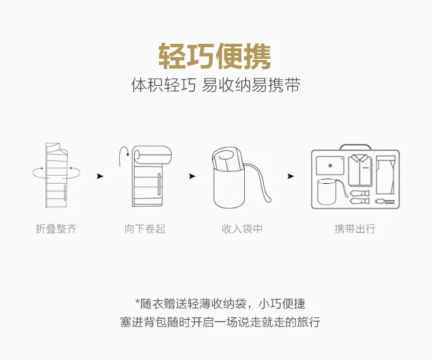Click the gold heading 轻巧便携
215,56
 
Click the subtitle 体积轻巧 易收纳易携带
215,86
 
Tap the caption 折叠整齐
56,229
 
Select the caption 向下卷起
145,229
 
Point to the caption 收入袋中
242,229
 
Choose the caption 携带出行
355,229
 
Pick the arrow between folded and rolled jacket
100,176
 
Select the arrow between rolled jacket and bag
192,176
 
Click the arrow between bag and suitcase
291,176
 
